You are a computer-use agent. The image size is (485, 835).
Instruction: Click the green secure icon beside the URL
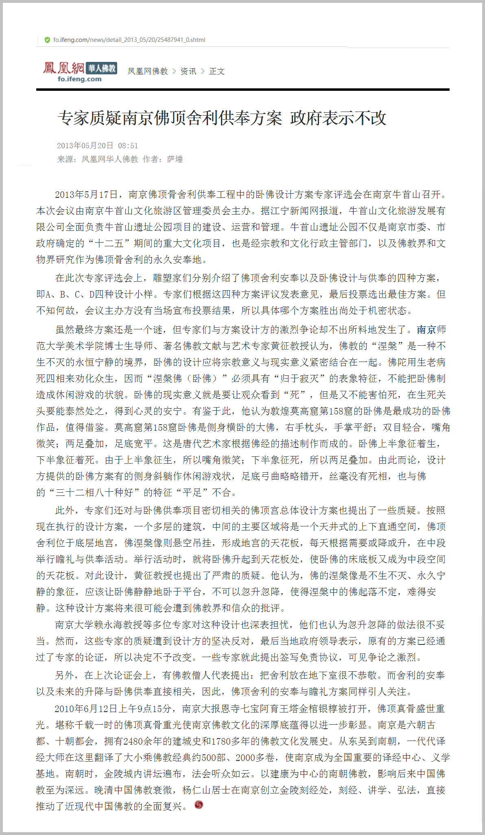[x=47, y=40]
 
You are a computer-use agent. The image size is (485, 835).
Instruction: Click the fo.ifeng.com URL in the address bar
[x=129, y=40]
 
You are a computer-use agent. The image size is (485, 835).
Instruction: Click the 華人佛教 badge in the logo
[x=102, y=68]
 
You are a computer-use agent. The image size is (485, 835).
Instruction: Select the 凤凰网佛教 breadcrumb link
[x=148, y=71]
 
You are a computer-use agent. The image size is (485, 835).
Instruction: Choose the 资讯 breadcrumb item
[x=188, y=71]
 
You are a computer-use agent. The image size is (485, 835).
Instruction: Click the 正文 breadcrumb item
[x=217, y=71]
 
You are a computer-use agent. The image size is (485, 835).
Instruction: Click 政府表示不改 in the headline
[x=338, y=118]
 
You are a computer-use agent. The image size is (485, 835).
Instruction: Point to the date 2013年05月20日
[x=85, y=146]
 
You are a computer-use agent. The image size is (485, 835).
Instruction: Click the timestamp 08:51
[x=128, y=146]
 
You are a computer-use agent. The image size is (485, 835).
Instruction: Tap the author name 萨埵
[x=175, y=159]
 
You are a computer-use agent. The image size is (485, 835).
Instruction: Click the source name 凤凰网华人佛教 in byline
[x=110, y=159]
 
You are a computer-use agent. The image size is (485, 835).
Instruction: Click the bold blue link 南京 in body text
[x=426, y=329]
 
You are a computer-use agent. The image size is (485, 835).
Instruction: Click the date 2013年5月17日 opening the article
[x=87, y=195]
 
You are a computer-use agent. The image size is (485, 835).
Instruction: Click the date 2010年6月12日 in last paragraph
[x=86, y=709]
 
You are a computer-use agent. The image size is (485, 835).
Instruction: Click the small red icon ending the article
[x=199, y=804]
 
